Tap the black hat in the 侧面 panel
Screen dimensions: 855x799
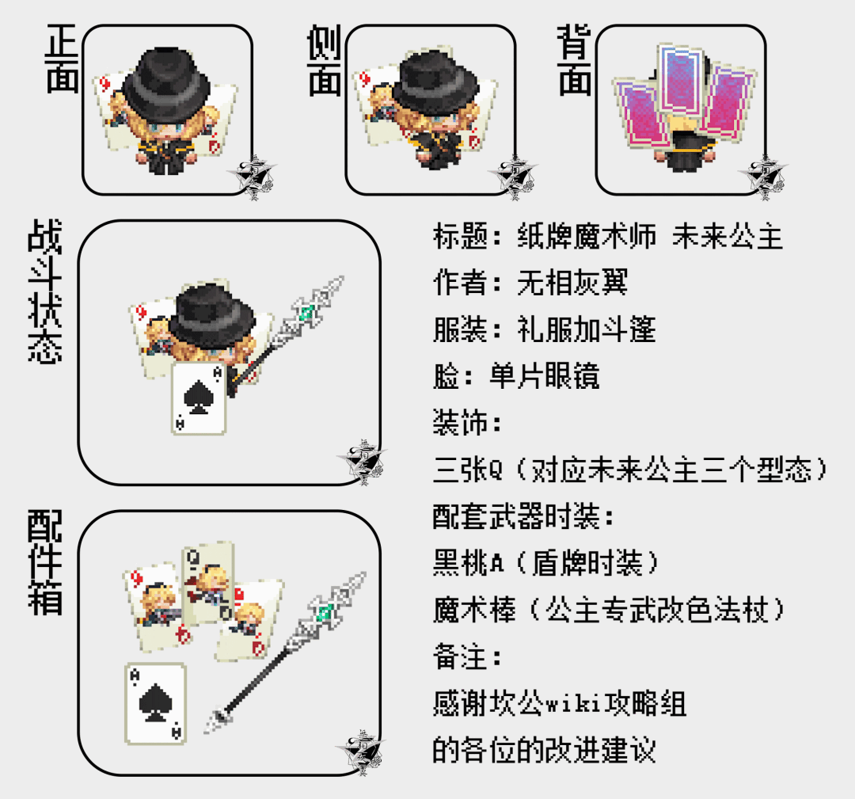[x=435, y=82]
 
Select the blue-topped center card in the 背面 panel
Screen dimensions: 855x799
[x=681, y=80]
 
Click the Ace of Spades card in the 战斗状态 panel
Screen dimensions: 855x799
[x=199, y=398]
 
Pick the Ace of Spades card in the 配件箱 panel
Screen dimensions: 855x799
[x=156, y=704]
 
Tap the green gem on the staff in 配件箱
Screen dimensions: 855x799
[x=326, y=611]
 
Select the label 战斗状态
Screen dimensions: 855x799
[x=44, y=291]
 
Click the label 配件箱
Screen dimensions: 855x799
[x=44, y=563]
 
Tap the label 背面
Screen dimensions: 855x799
[x=574, y=60]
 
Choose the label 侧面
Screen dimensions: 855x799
[x=324, y=60]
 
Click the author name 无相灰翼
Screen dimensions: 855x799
[x=572, y=283]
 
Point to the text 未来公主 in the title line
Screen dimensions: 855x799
[x=728, y=236]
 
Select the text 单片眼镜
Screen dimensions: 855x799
[x=544, y=376]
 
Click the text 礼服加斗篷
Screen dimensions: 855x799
[x=586, y=329]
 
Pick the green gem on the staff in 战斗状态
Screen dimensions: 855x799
[x=307, y=313]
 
